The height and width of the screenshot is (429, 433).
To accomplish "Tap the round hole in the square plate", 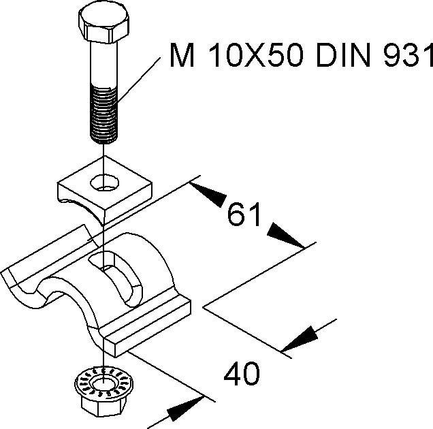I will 103,181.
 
